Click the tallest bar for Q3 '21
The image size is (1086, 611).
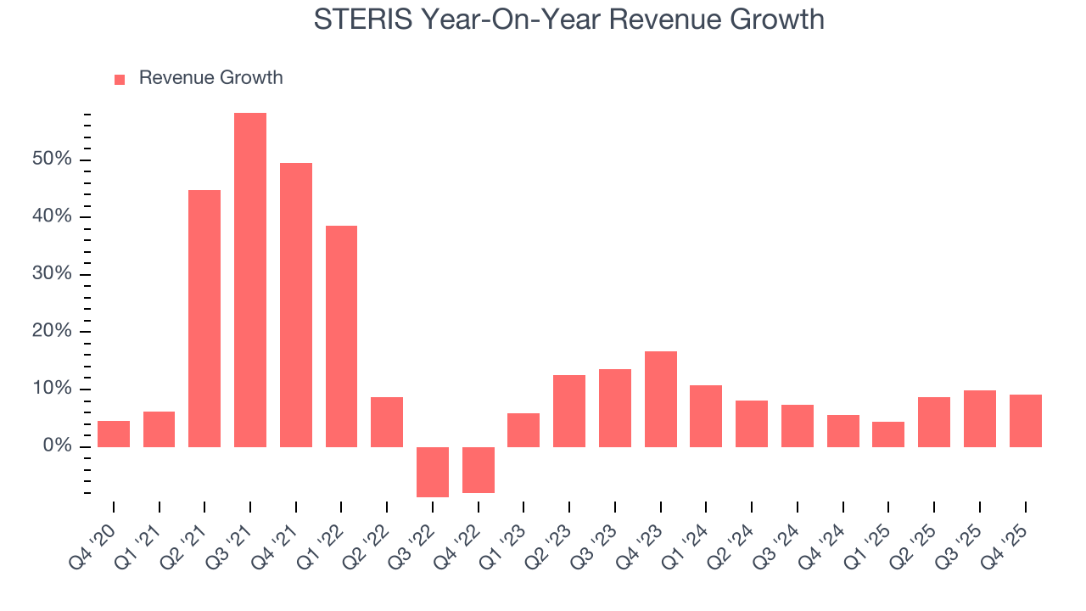(250, 280)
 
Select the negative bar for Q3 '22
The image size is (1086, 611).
(433, 472)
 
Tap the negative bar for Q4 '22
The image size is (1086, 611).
(479, 469)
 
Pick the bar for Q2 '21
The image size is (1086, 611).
(204, 318)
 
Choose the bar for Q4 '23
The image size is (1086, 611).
(661, 399)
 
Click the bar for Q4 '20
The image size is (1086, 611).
(114, 434)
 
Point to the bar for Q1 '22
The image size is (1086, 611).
(341, 336)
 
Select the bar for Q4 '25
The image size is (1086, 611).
(1026, 421)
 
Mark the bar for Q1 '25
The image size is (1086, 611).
(888, 434)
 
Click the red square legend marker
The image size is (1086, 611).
(120, 79)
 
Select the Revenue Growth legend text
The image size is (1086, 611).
(210, 78)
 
